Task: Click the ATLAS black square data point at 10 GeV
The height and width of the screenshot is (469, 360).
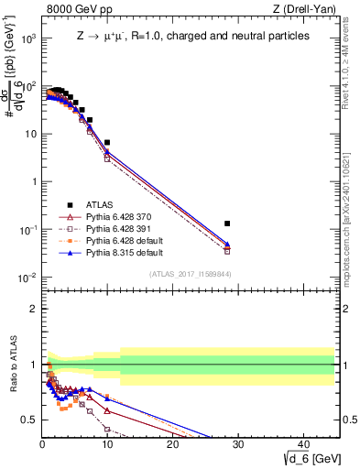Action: click(x=107, y=143)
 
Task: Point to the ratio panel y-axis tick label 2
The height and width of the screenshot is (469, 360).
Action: click(x=32, y=309)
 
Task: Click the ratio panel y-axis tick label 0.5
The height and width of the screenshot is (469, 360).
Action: click(x=28, y=420)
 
